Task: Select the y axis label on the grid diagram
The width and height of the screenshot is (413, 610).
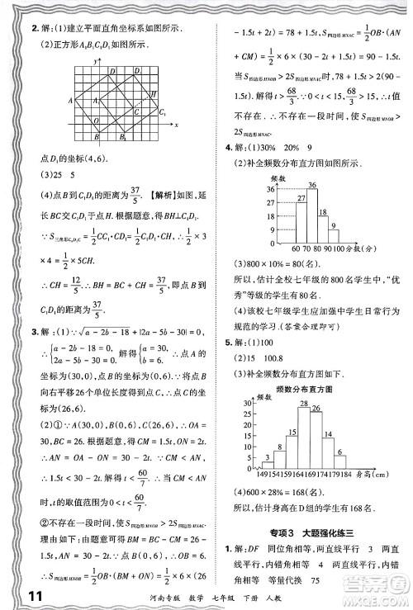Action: tap(98, 61)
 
